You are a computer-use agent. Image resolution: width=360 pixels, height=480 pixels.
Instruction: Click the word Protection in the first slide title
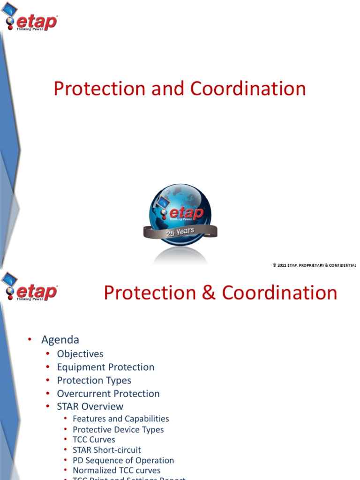point(99,89)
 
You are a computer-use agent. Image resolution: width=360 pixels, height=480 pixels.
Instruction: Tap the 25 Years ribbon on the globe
point(180,232)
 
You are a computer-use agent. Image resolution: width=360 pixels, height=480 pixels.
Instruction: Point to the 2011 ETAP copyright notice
point(314,265)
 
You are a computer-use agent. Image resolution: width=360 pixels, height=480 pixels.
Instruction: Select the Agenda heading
point(60,339)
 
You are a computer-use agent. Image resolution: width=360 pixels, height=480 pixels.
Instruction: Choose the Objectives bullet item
point(80,354)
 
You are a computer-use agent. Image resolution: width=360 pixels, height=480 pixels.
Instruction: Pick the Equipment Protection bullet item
point(105,367)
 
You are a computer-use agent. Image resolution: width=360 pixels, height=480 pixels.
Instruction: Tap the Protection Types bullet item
point(94,380)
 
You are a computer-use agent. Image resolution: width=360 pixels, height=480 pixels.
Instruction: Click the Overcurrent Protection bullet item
point(108,393)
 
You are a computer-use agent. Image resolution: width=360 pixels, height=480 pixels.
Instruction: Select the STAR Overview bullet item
point(90,406)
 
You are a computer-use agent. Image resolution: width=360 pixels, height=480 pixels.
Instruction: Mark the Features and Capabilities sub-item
point(120,419)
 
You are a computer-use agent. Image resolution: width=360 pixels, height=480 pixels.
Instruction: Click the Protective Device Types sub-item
point(118,429)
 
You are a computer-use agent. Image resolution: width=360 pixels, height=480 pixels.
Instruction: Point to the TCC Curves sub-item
point(94,440)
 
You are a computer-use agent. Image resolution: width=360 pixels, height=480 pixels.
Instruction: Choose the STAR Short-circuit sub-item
point(106,450)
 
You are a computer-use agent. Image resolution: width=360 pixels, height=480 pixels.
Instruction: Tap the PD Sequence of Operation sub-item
point(123,460)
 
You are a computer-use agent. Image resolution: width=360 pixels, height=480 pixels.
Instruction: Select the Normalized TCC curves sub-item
point(116,470)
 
